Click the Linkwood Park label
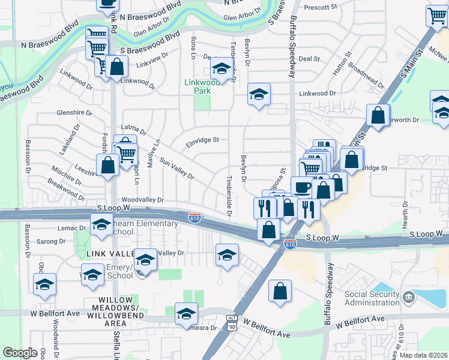202,86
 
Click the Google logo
20,353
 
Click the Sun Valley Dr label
176,169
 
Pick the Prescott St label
321,7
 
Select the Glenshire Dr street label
74,112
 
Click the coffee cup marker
302,187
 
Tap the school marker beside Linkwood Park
221,71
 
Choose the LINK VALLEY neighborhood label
109,254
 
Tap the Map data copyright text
424,355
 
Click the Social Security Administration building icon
408,297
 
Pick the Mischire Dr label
66,175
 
